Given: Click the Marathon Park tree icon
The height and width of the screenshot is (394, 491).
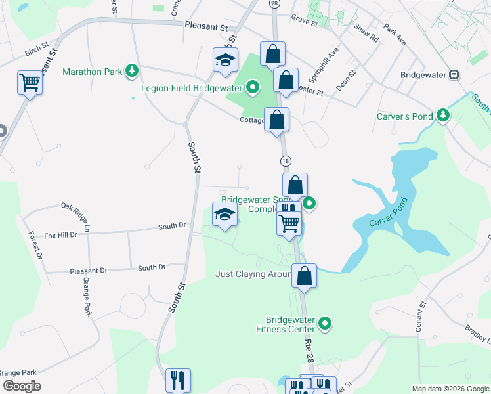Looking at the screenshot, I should (x=133, y=70).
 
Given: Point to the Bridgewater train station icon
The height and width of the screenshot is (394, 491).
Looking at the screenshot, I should (x=454, y=75).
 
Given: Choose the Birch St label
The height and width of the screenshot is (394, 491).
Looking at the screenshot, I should (x=37, y=49).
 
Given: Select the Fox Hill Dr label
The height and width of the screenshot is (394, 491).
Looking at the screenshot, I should (x=61, y=234).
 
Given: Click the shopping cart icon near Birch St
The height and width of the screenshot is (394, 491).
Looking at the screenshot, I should (x=30, y=82).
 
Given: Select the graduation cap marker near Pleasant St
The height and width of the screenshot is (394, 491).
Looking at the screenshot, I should (x=225, y=60).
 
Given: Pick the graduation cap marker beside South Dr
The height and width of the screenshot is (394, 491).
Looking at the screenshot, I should (x=224, y=215).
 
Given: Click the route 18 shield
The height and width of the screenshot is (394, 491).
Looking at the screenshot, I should (x=286, y=161).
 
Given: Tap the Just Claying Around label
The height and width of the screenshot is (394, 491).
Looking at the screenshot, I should (x=253, y=274).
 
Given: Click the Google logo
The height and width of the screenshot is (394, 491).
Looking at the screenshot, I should (x=22, y=386).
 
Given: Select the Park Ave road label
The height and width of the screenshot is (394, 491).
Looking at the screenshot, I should (x=395, y=35).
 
